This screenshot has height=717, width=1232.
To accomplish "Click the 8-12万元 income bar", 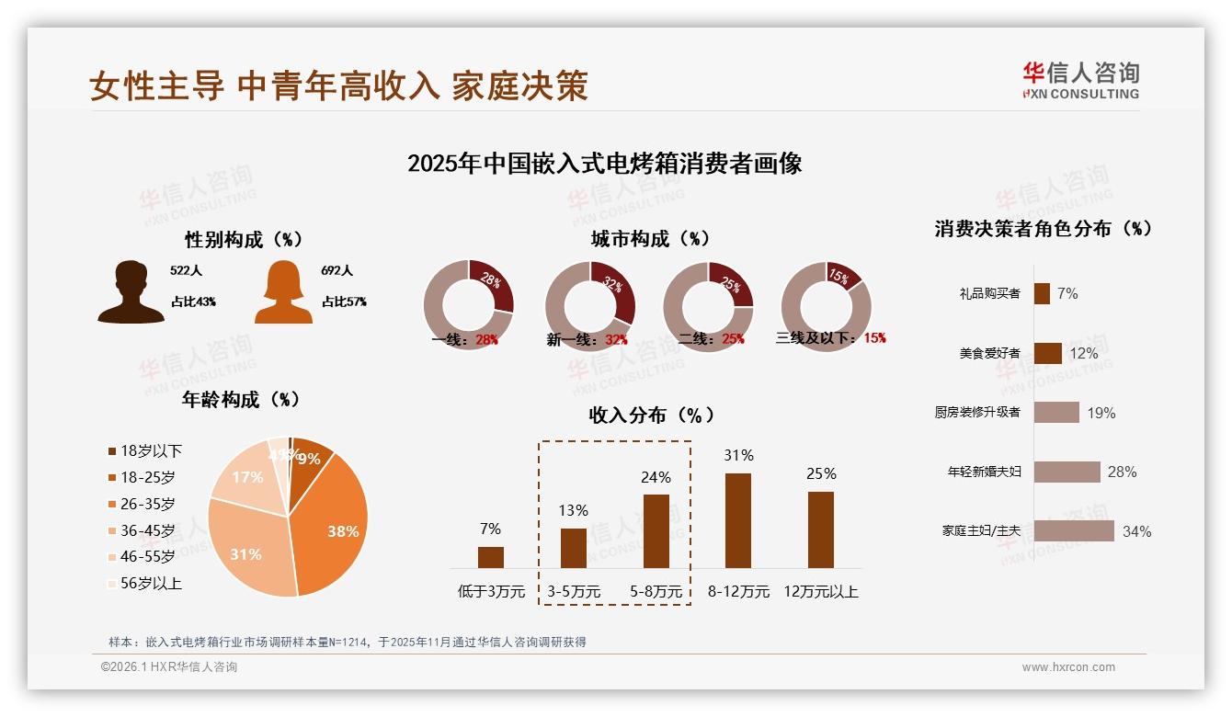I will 738,520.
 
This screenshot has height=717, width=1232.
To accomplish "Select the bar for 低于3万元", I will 490,557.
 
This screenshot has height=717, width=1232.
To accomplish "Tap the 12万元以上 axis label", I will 821,592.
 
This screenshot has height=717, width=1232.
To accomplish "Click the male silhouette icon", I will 131,292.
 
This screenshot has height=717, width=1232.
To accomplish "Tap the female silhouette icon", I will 283,292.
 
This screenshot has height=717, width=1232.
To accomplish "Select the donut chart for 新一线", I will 589,306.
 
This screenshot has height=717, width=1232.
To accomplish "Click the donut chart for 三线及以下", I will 826,306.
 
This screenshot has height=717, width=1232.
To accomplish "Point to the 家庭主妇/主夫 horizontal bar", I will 1074,530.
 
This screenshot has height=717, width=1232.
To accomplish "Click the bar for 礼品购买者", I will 1042,293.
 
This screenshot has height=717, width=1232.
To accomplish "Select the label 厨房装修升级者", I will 977,412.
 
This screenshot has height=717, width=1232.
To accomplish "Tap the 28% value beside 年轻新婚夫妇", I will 1122,472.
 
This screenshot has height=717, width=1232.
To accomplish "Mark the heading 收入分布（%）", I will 651,415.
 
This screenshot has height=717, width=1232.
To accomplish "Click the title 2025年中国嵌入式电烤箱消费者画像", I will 604,164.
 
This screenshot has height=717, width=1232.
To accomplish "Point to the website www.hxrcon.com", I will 1068,667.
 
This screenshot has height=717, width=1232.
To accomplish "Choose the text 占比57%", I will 344,302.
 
